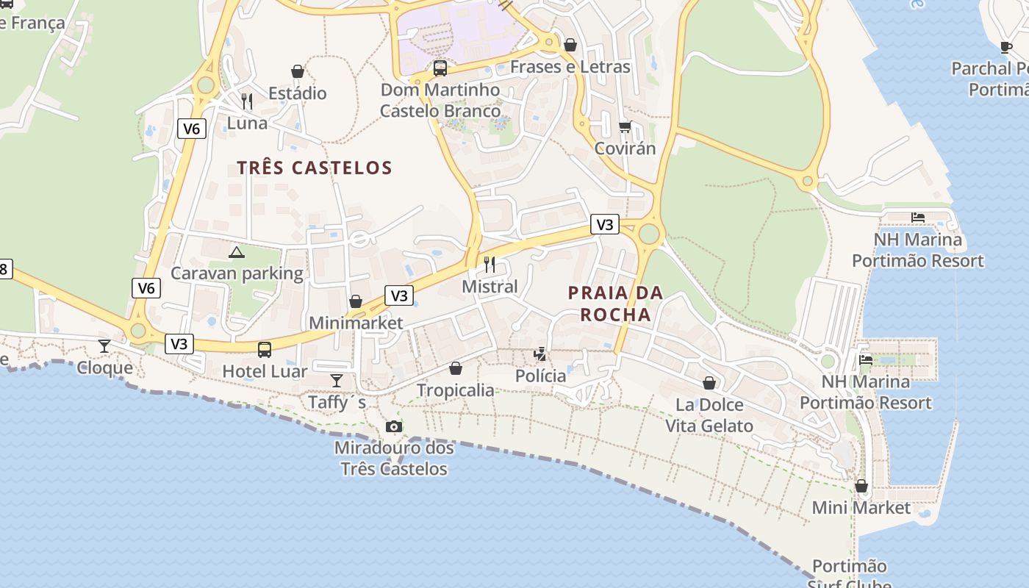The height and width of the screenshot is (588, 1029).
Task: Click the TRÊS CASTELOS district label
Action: [x=315, y=168]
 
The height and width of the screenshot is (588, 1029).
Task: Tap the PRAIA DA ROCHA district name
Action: [x=615, y=304]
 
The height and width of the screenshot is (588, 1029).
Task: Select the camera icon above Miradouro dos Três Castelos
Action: [x=394, y=426]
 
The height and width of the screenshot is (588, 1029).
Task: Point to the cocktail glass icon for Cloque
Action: [x=104, y=345]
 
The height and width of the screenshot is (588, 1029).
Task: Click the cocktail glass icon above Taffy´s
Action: [x=337, y=380]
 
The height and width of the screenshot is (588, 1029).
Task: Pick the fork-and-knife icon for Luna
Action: [x=247, y=101]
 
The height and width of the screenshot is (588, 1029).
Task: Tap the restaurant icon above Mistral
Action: [x=490, y=264]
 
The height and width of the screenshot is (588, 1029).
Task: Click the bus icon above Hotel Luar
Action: [x=265, y=349]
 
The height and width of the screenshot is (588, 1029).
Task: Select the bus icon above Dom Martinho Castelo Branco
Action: [x=440, y=68]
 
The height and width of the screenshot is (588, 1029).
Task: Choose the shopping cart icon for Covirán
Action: [x=625, y=126]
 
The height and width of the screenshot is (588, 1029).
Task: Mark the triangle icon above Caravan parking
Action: [x=236, y=252]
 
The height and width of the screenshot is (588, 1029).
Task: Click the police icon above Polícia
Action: [x=540, y=354]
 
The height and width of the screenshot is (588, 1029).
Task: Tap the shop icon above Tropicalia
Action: [x=456, y=367]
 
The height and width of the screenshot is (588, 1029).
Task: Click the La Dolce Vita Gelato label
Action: [x=709, y=415]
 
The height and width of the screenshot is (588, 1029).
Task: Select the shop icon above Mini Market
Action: [x=861, y=486]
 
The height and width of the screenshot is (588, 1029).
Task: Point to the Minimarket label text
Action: [x=356, y=323]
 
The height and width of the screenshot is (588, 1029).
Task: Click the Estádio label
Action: [x=297, y=93]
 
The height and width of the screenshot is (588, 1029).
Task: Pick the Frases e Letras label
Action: [x=570, y=67]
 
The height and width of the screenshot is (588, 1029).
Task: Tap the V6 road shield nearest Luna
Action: [x=191, y=129]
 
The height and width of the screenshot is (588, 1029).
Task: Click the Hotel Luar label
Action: [x=265, y=371]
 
